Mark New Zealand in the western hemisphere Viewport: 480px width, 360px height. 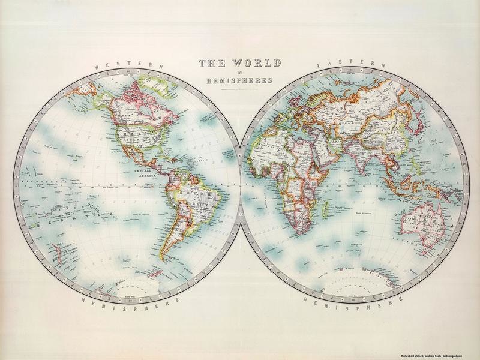(56, 250)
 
